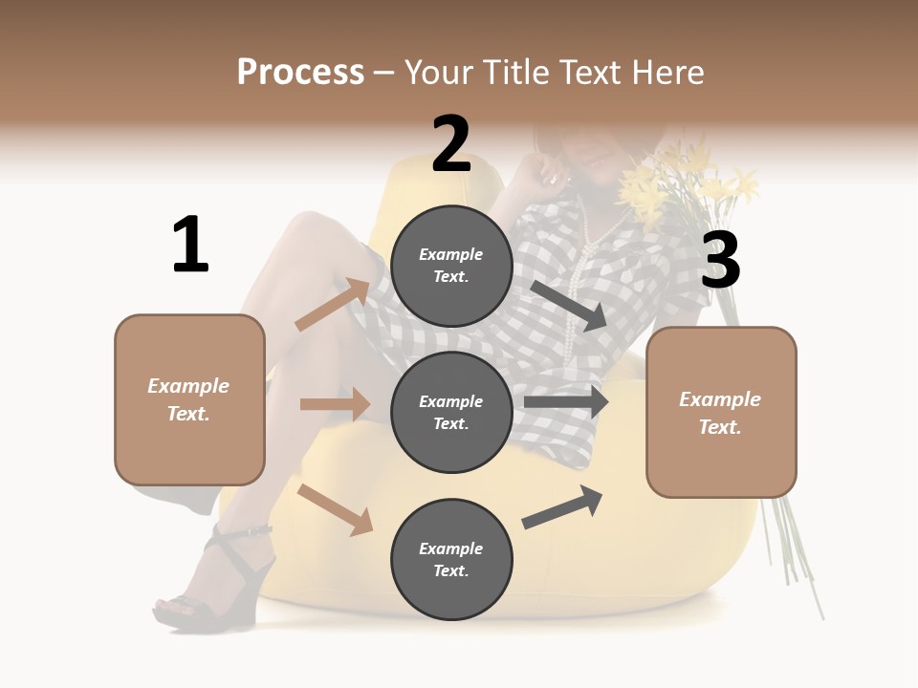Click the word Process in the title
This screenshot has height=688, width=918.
click(x=300, y=72)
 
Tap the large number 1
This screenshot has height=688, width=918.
click(x=190, y=246)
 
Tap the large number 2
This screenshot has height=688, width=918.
click(x=451, y=144)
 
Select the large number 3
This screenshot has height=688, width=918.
click(x=720, y=260)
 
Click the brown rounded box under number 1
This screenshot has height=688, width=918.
click(x=189, y=399)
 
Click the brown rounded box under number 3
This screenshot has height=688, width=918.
click(x=721, y=413)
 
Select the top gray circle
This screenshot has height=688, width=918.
click(x=451, y=266)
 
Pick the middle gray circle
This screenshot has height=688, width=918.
click(x=451, y=412)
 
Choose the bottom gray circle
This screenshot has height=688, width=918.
click(x=451, y=559)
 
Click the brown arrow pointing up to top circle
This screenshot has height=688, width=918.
click(x=334, y=305)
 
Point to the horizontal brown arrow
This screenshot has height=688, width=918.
click(x=336, y=404)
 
